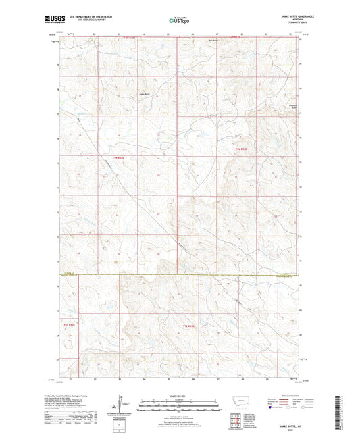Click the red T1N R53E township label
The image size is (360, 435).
(x=241, y=149)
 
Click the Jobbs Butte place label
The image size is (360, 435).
(x=145, y=93)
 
